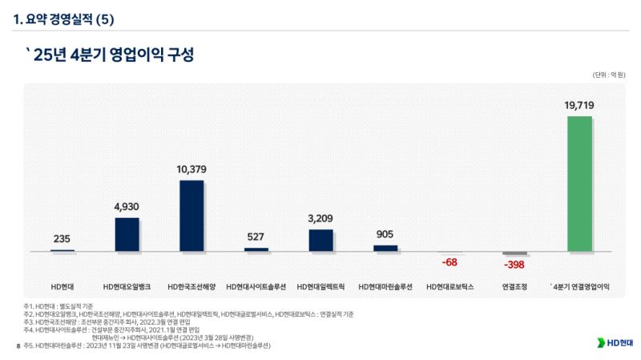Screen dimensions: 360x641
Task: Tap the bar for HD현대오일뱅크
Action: [127, 235]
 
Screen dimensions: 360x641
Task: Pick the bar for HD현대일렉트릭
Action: [320, 241]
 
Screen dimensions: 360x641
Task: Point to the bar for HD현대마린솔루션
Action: [385, 249]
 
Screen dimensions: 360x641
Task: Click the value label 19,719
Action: [579, 105]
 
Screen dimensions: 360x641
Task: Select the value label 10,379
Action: [191, 169]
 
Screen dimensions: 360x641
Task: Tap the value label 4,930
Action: [127, 207]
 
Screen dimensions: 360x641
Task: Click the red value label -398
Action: [514, 265]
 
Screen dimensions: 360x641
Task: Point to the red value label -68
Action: [450, 262]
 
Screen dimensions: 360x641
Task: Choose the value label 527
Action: [256, 237]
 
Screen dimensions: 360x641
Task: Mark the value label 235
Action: [62, 239]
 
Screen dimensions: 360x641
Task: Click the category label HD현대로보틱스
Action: [450, 286]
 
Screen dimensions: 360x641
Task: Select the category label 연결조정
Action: [514, 286]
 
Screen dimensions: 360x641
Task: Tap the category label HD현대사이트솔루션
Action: [256, 286]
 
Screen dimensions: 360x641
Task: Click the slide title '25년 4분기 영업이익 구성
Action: [110, 55]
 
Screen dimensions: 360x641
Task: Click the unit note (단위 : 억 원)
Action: [609, 75]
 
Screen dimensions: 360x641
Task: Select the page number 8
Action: [18, 346]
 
